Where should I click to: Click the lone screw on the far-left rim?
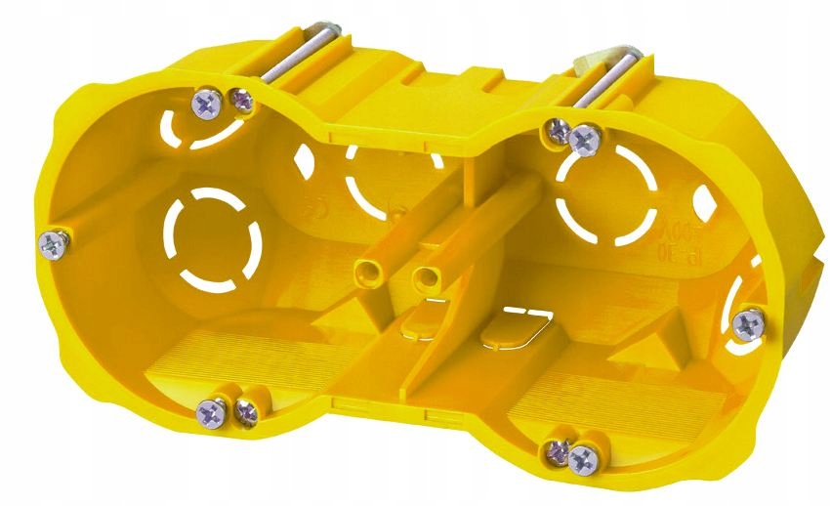coord(55,243)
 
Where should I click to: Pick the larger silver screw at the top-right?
coord(585,141)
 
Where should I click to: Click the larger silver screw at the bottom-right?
coord(585,456)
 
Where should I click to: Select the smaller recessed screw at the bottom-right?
coord(557,449)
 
